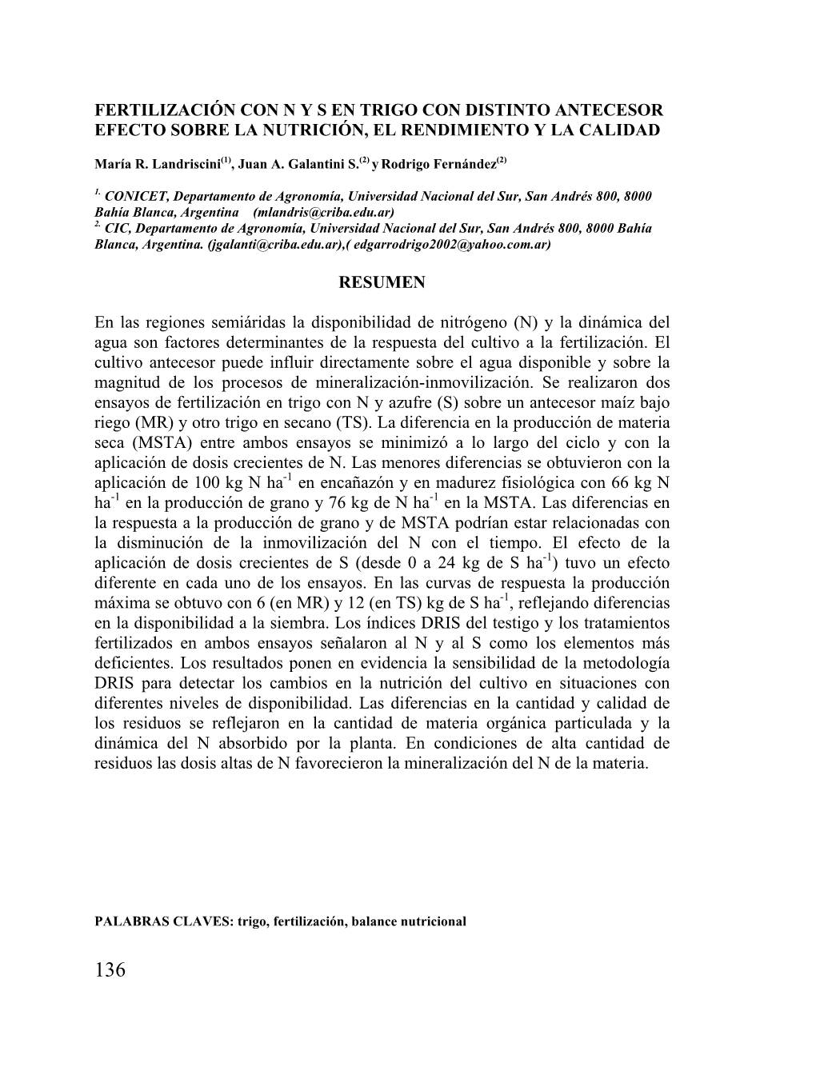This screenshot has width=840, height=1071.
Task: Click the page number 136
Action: [x=110, y=970]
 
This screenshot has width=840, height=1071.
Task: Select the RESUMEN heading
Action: [x=382, y=282]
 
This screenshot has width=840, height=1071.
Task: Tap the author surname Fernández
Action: [x=458, y=164]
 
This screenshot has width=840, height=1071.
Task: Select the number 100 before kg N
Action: [x=208, y=483]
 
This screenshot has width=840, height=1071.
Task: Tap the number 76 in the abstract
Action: [x=337, y=503]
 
